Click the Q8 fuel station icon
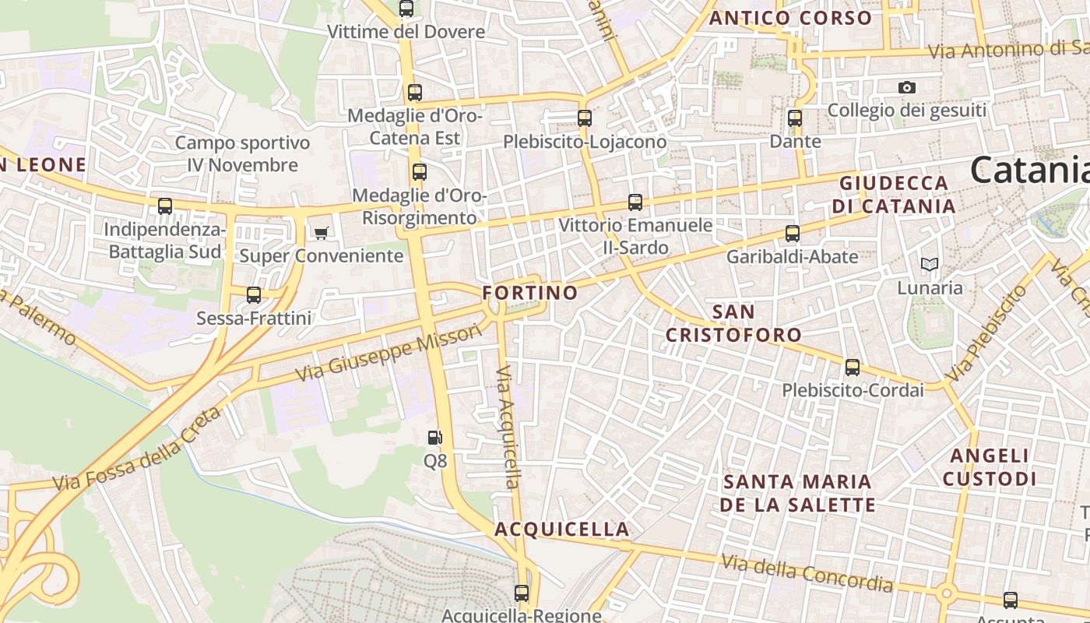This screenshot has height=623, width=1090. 435,438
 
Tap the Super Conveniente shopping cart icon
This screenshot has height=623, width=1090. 321,233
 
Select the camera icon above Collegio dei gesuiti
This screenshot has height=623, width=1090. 906,88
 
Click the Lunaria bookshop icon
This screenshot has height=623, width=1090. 929,265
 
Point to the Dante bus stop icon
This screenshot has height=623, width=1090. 795,118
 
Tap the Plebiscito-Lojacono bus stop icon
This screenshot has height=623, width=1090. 585,118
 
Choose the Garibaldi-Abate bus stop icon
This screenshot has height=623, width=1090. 793,233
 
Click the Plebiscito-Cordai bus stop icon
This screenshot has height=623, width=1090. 853,367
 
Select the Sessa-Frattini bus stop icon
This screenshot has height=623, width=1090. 254,295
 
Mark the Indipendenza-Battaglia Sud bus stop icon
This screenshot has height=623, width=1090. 165,206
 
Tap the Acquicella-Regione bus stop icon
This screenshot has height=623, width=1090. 522,593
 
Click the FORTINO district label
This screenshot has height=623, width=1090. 530,293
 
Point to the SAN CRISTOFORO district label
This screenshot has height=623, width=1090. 733,323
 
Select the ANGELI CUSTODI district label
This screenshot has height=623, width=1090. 990,466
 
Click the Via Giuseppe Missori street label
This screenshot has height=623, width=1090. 389,354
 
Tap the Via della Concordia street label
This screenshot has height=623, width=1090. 807,572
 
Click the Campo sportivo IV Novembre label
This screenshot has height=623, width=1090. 242,153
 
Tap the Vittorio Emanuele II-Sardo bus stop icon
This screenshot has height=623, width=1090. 635,202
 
